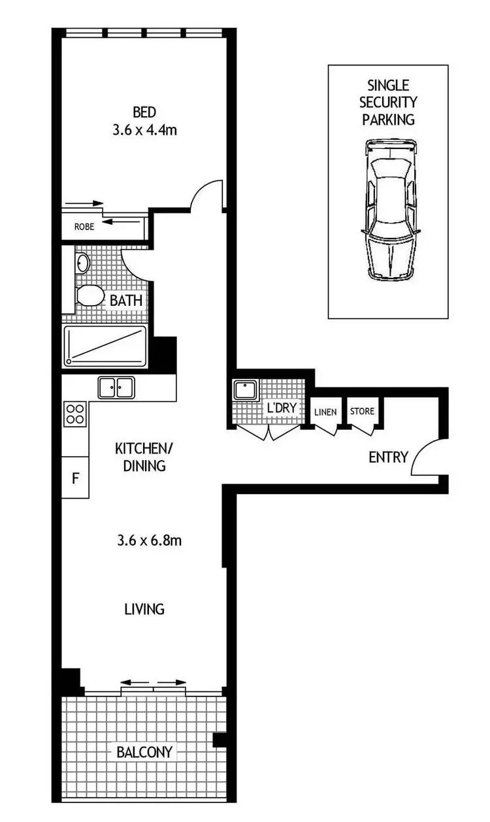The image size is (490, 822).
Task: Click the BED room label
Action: (x=144, y=112)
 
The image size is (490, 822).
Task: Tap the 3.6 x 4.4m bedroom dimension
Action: (x=144, y=129)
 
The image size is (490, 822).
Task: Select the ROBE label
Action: (x=84, y=227)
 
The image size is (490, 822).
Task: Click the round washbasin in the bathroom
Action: (x=83, y=263)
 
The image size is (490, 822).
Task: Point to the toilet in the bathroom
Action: (x=90, y=296)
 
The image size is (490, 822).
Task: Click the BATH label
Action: (x=126, y=302)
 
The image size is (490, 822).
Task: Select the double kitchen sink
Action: (x=116, y=387)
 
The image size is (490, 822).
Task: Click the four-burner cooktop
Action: (x=75, y=414)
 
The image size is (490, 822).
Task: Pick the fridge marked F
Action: (x=75, y=478)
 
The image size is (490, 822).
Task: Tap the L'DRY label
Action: (x=282, y=409)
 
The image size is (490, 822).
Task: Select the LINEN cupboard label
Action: (x=325, y=412)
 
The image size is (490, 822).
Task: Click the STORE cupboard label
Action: (x=362, y=411)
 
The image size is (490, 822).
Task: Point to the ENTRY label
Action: (x=388, y=457)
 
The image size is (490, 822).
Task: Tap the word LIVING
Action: (x=144, y=609)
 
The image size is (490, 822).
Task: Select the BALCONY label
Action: (x=144, y=752)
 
